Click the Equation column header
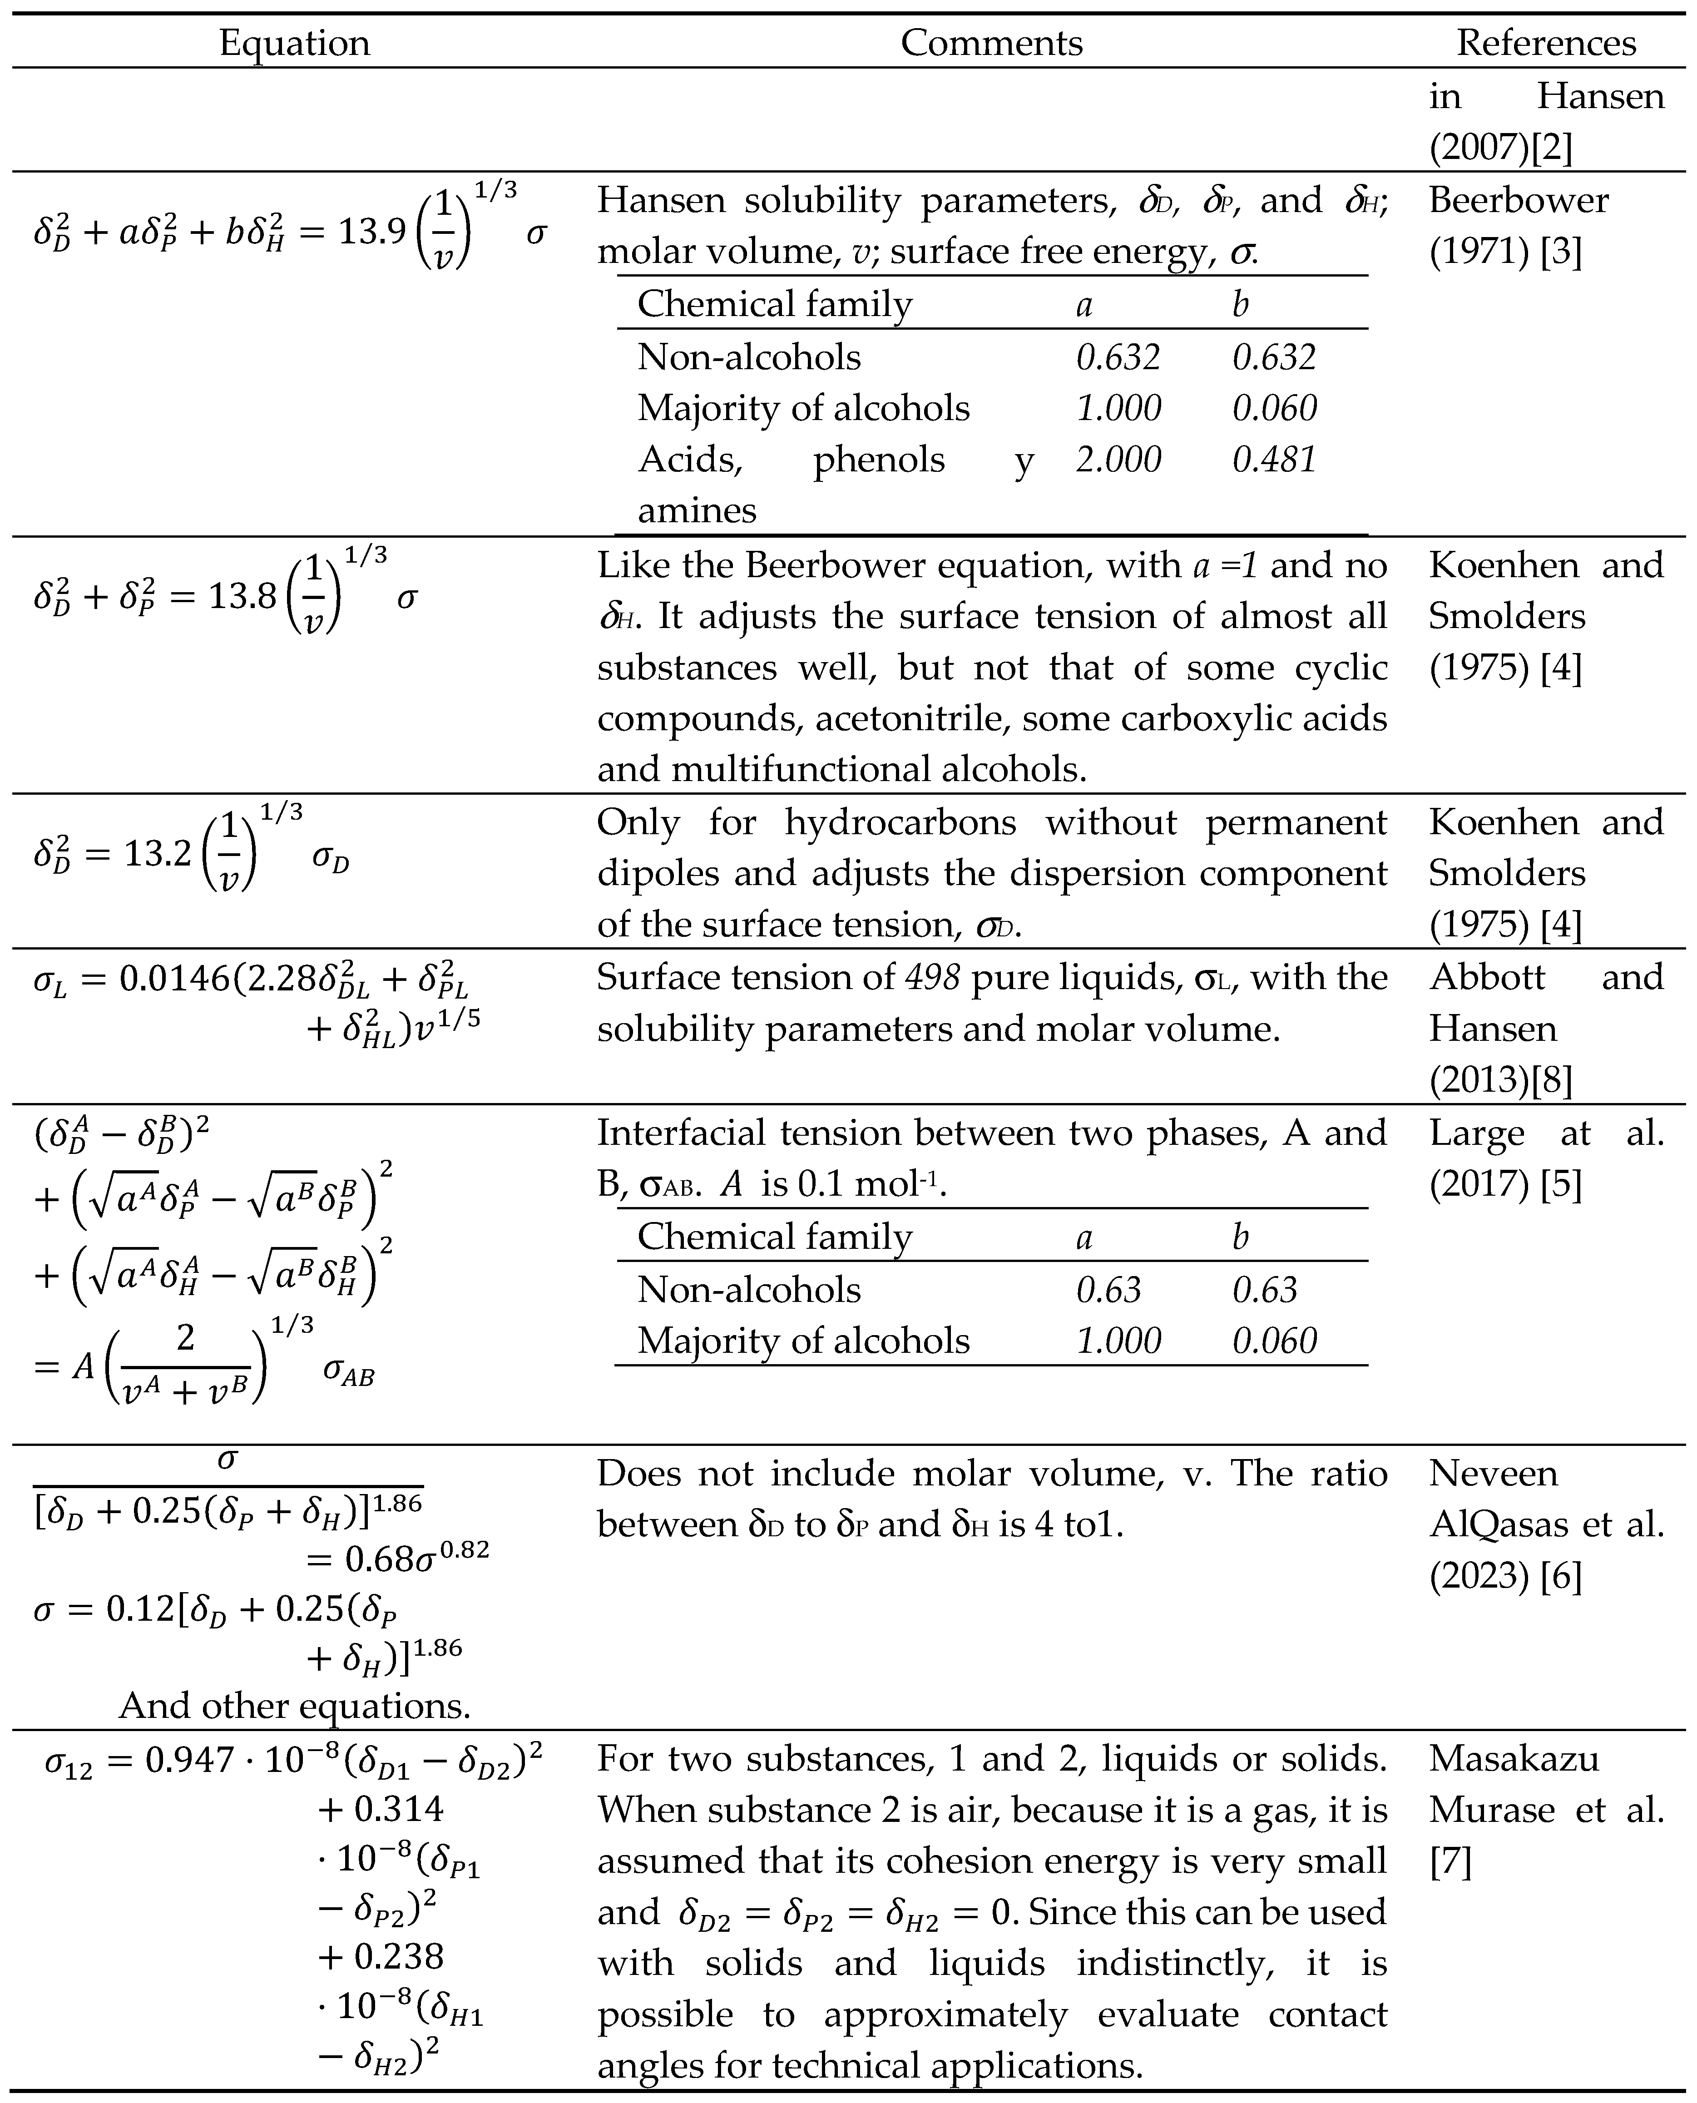(x=294, y=43)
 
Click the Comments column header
(x=991, y=43)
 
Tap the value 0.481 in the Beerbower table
(x=1274, y=460)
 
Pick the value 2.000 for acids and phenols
(x=1118, y=460)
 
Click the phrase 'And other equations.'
(x=294, y=1706)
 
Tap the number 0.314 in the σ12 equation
(x=399, y=1810)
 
